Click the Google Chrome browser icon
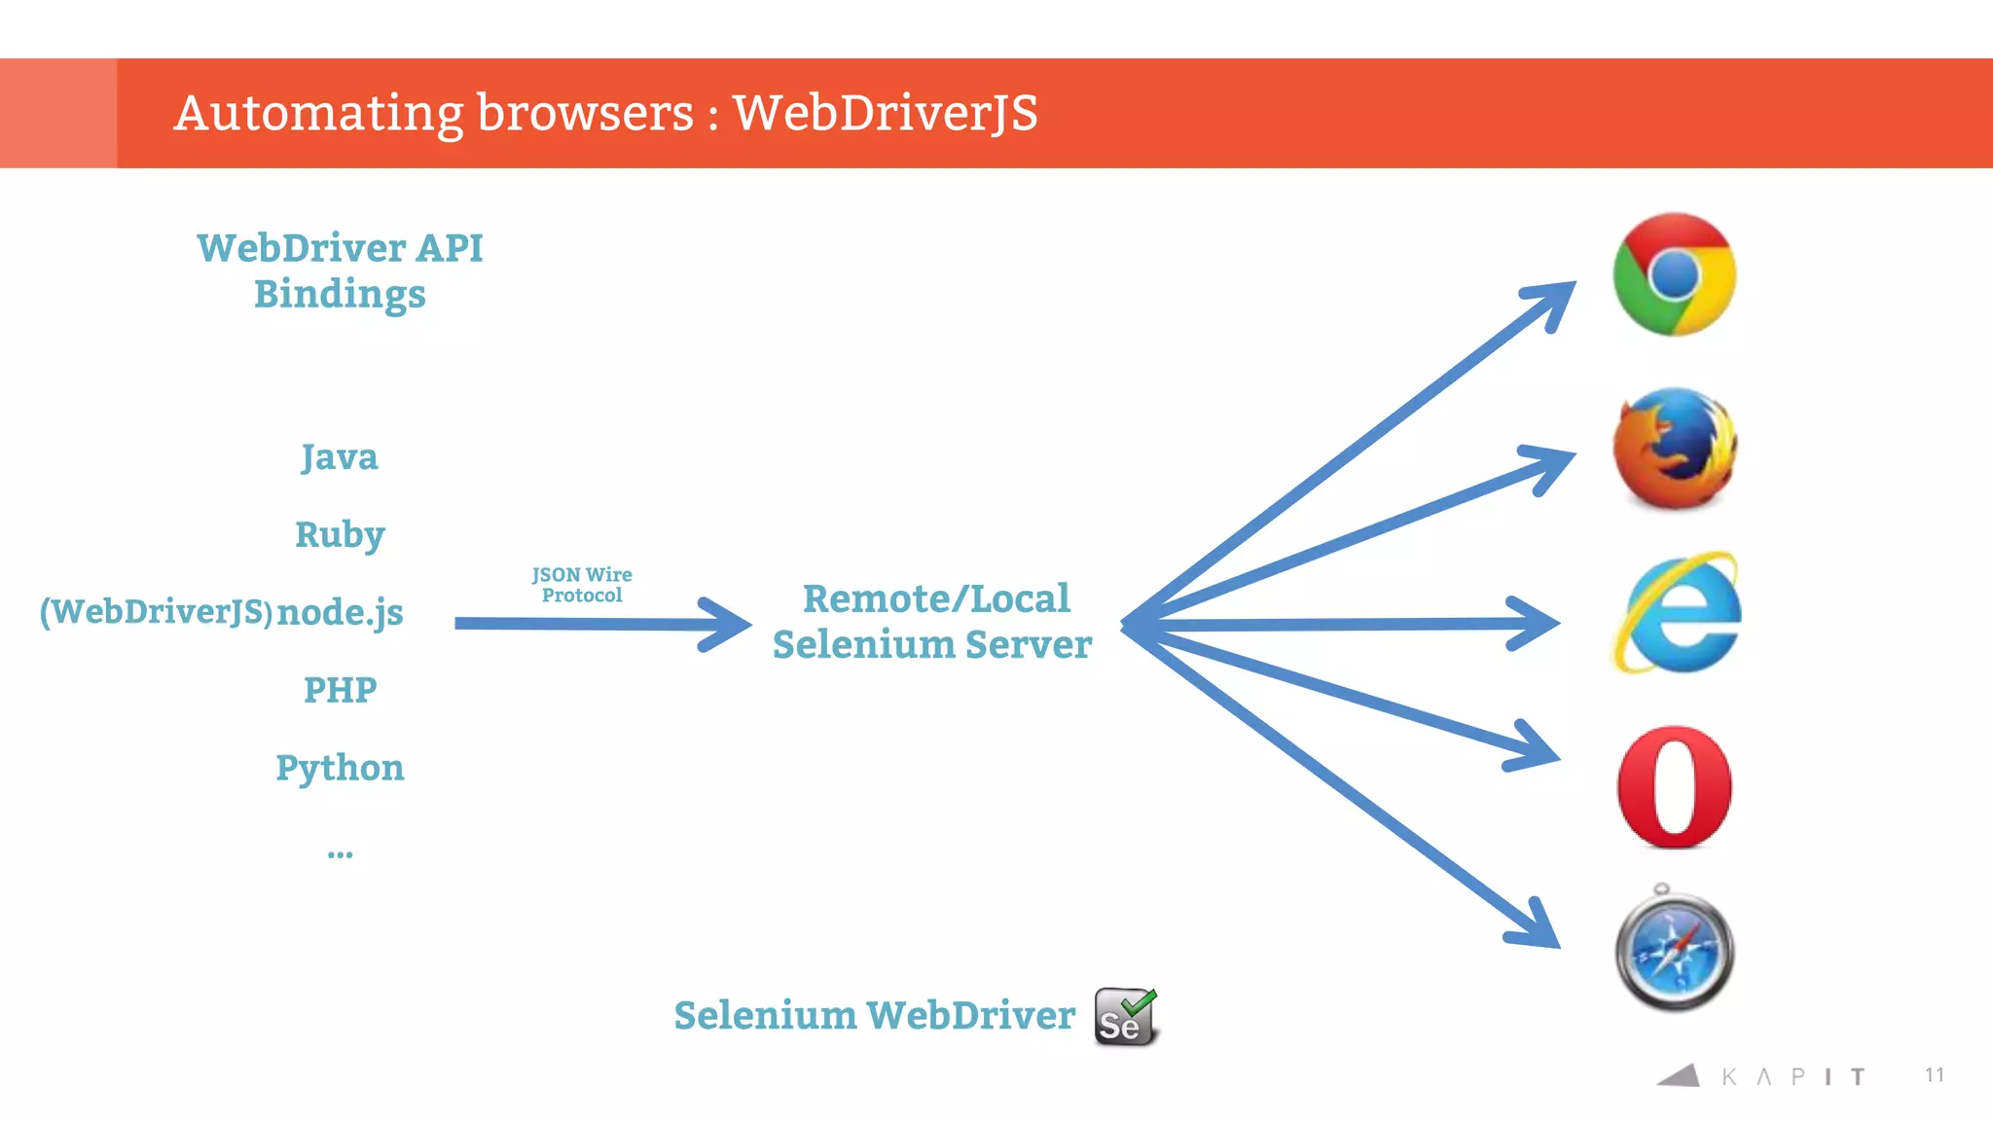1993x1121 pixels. coord(1674,274)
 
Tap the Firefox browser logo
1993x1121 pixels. coord(1674,449)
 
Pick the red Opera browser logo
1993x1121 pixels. coord(1674,786)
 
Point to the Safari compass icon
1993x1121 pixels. coord(1674,951)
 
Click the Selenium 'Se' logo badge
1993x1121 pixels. coord(1125,1017)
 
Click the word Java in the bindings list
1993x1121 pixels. coord(339,457)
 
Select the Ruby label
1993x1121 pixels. coord(340,535)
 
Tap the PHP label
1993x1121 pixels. coord(340,690)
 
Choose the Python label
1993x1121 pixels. coord(340,768)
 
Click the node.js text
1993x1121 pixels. coord(340,612)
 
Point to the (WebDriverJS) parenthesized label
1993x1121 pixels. coord(156,612)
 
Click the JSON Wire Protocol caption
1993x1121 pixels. coord(582,585)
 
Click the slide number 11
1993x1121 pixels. coord(1934,1074)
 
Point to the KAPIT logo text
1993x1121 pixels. coord(1791,1076)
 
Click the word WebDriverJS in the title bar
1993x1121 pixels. coord(885,113)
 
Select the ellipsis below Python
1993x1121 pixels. coord(340,854)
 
